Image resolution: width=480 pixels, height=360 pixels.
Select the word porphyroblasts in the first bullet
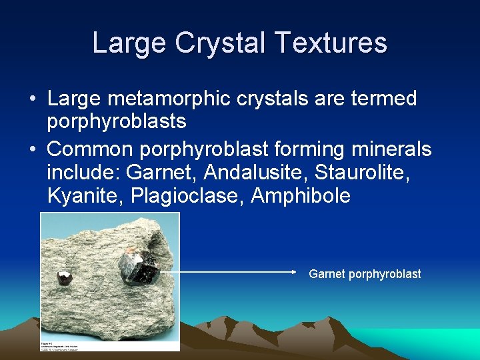tap(117, 121)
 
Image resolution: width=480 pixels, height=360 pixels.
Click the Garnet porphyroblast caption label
tap(365, 274)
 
